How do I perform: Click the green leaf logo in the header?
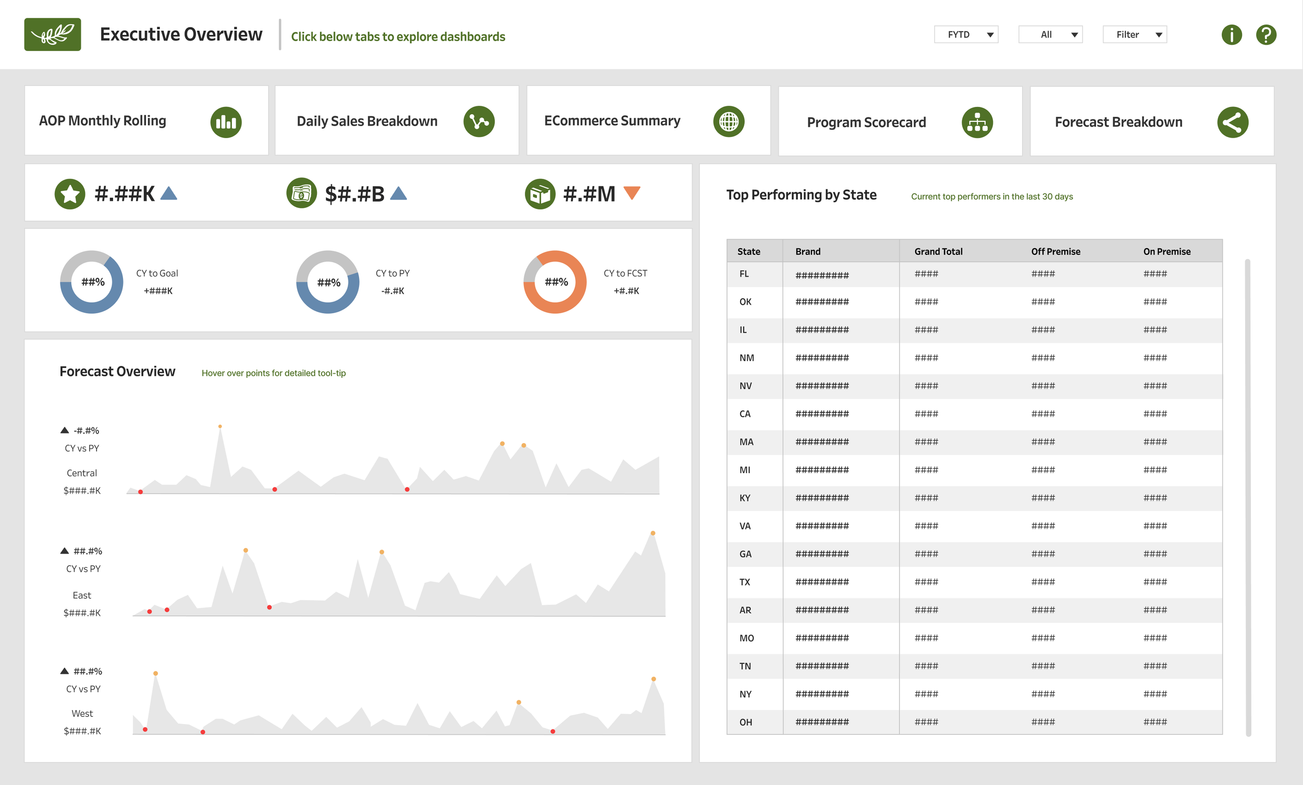52,34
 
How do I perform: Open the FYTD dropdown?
966,34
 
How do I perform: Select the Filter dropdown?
1134,34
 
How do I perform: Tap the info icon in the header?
1231,35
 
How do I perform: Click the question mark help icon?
1266,35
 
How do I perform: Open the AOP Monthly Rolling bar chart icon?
226,122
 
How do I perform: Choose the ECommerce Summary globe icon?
728,121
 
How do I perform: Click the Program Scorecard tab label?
866,122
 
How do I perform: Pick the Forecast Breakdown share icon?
1232,122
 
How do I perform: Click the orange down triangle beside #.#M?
632,192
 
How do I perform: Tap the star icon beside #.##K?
70,194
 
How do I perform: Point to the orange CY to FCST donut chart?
555,282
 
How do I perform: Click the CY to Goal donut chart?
92,282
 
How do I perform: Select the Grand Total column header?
938,251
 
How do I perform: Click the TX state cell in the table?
745,582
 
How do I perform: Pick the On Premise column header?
1166,251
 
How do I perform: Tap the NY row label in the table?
745,694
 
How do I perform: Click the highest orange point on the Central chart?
220,426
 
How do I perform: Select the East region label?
82,595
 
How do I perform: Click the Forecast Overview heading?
117,371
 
